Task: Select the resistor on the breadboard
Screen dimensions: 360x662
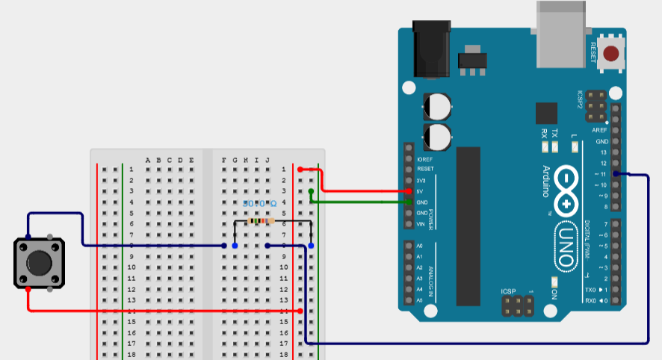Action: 259,221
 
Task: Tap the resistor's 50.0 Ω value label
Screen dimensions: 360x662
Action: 259,203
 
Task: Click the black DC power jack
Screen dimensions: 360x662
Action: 433,51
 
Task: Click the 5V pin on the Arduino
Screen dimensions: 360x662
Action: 409,191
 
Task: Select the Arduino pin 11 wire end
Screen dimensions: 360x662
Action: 615,174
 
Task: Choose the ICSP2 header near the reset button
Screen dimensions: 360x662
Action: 596,108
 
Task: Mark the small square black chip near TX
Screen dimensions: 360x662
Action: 547,113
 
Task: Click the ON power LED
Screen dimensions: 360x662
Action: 554,282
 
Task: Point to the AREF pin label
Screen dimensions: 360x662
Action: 600,130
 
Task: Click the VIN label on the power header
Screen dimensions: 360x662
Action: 419,224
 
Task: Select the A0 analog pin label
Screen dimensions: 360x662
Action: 419,246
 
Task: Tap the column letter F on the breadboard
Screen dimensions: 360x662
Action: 224,160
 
